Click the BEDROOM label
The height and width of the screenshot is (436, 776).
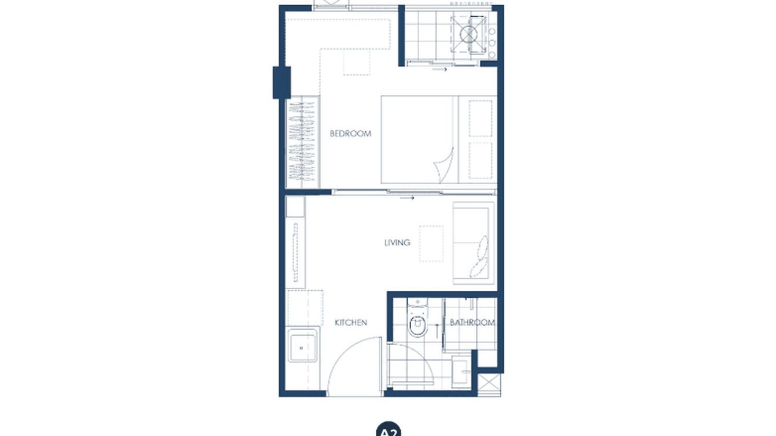[350, 134]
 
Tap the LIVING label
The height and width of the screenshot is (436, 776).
[397, 243]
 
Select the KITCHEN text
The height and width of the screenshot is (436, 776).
[351, 323]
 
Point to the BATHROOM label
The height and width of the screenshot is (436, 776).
[472, 323]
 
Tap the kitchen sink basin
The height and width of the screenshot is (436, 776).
[302, 347]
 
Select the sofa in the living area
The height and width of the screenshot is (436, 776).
[474, 243]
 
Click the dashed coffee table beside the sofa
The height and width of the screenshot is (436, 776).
[431, 243]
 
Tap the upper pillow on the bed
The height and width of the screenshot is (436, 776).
[480, 119]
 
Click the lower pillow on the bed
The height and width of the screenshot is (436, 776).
[480, 160]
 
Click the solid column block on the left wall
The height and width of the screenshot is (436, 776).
[282, 82]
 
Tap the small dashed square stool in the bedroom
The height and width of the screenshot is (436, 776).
[357, 62]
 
